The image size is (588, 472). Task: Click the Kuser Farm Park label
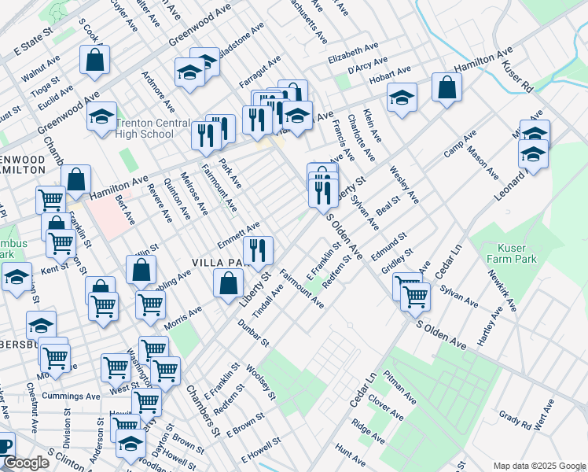505,254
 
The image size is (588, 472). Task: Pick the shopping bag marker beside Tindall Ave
228,282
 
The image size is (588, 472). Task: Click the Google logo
26,463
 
